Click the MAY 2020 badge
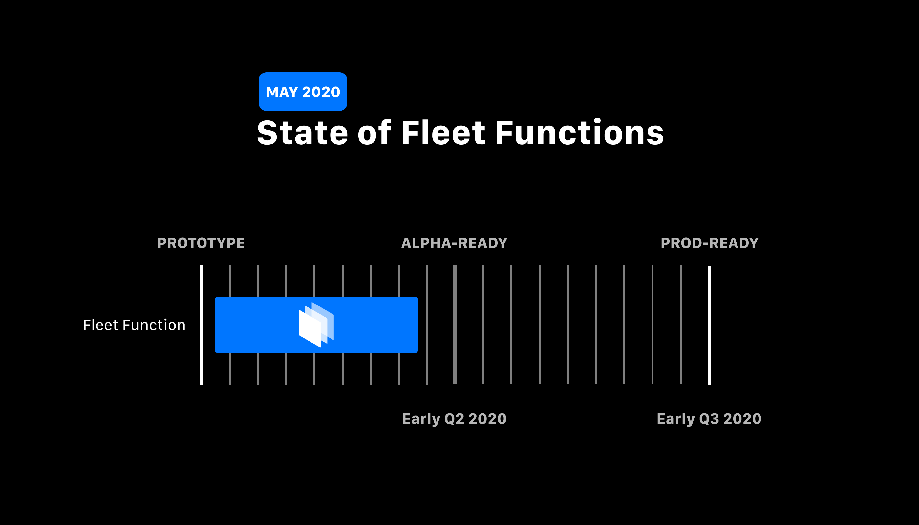click(x=303, y=92)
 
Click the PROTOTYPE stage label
click(x=201, y=243)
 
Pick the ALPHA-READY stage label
click(x=454, y=243)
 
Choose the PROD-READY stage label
click(x=710, y=243)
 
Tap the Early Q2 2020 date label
click(x=454, y=419)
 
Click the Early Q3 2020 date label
click(x=709, y=419)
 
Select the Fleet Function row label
click(x=134, y=325)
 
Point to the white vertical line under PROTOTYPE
click(x=201, y=368)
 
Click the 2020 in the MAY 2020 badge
click(x=321, y=92)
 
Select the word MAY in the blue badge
click(x=282, y=92)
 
